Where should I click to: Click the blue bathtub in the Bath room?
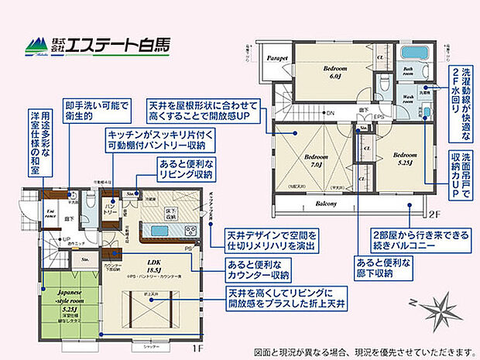[x=418, y=57]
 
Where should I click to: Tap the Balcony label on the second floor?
[x=326, y=204]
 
